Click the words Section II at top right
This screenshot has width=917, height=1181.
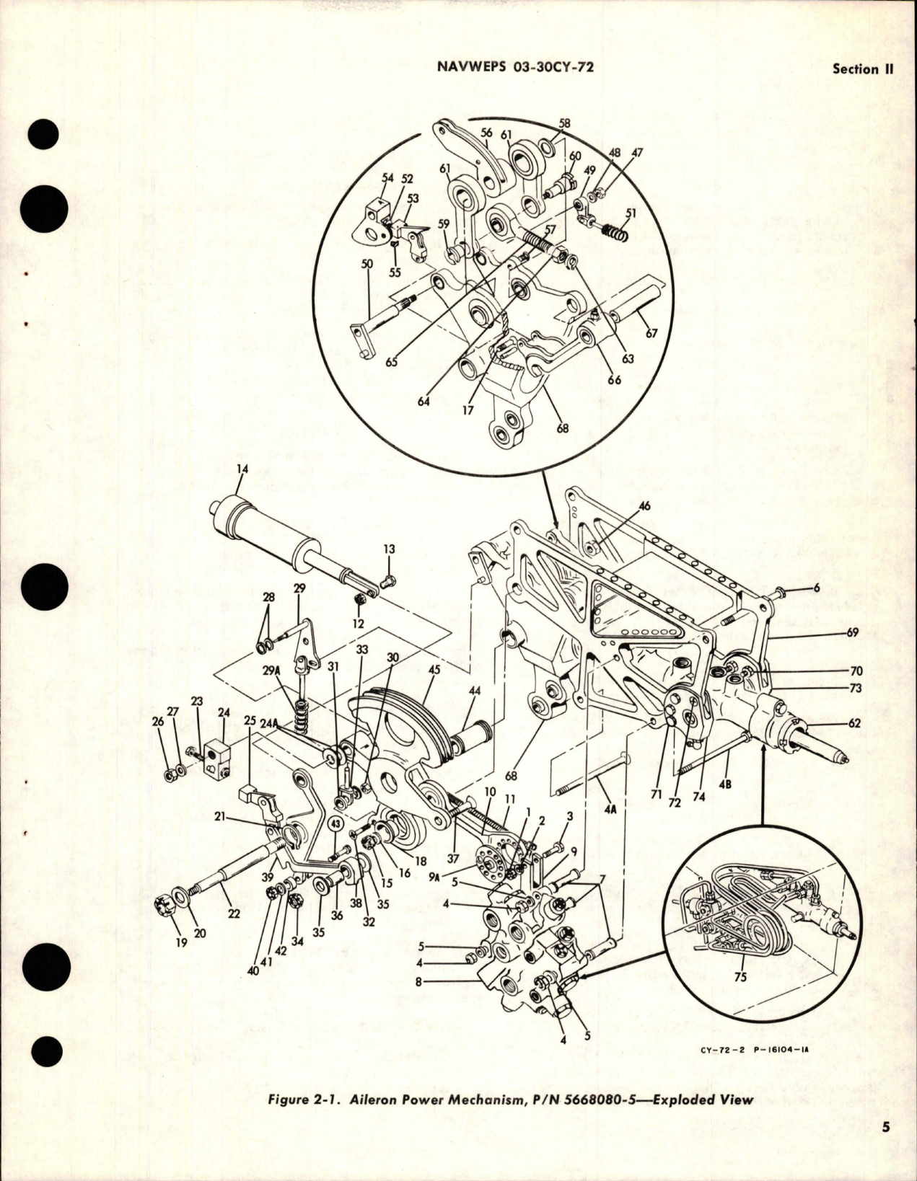(863, 69)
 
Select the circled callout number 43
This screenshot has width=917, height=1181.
(336, 823)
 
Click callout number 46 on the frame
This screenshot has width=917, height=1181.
(644, 506)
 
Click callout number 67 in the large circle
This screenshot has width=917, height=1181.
(651, 333)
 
